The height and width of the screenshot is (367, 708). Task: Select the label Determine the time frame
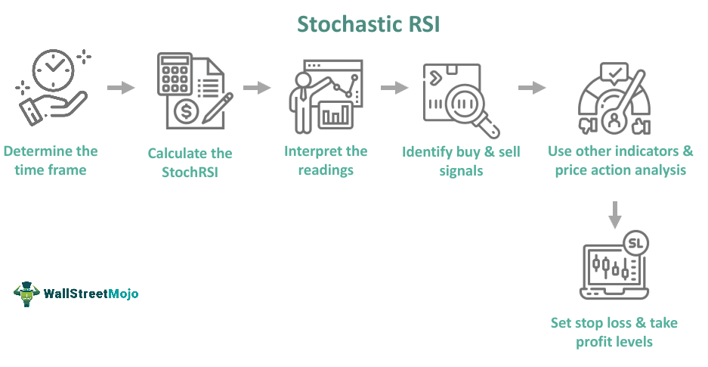pos(51,160)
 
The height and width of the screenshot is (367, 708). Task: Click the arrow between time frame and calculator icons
pos(121,89)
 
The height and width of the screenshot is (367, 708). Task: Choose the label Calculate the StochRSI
pos(190,162)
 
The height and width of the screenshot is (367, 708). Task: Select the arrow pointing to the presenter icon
pos(257,89)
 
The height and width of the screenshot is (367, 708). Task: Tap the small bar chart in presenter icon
pos(336,114)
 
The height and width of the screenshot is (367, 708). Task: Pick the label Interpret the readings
pos(326,160)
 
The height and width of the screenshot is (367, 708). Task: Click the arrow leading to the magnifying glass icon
pos(394,89)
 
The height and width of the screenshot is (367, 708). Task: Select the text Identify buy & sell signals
pos(461,161)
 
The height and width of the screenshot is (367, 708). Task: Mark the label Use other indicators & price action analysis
pos(620,160)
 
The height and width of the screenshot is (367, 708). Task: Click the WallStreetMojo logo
pos(76,294)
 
